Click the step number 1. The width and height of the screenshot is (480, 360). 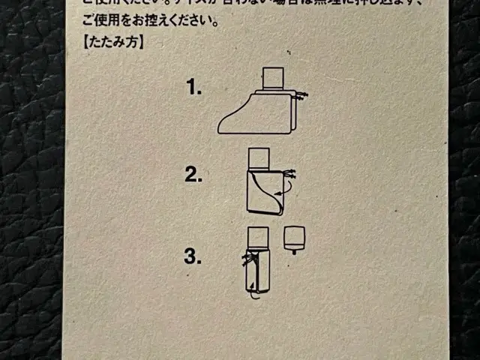[x=195, y=88]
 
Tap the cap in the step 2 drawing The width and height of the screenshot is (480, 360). [x=258, y=157]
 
